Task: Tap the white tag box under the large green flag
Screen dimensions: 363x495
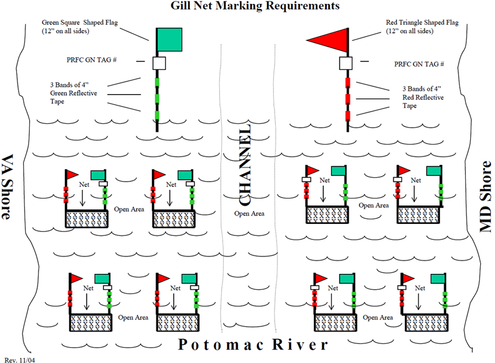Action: point(159,63)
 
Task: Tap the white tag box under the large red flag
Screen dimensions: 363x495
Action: point(346,63)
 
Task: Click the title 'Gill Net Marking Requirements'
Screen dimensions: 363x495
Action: point(247,7)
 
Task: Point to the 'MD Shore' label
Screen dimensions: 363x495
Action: point(486,196)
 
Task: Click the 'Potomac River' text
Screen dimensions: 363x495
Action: point(253,345)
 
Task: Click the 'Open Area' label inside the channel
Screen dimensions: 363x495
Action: point(249,213)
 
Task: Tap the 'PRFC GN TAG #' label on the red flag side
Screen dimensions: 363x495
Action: point(419,64)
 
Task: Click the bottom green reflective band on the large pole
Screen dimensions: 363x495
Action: point(157,115)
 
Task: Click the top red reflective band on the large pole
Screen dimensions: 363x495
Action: point(348,84)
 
